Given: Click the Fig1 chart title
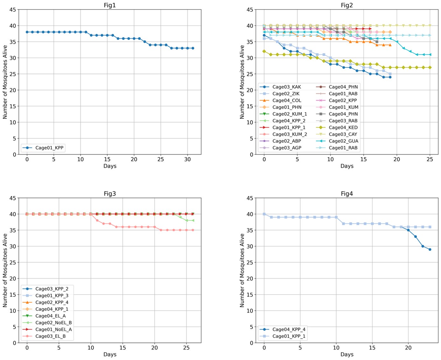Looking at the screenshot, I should (110, 5).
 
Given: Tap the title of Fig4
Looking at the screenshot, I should (346, 194).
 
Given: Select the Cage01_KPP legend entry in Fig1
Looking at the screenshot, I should (49, 148).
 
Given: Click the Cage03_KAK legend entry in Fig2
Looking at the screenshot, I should (286, 87).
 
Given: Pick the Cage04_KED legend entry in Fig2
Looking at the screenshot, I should (343, 128).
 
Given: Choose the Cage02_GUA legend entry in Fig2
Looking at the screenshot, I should (343, 141).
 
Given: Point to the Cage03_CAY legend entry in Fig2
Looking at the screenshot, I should (343, 134).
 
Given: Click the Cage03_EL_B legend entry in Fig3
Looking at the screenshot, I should (50, 336).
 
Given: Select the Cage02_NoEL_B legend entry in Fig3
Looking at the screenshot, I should (53, 322).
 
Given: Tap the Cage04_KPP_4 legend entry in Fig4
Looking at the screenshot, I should (289, 329).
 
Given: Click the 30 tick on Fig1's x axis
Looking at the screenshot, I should (187, 159).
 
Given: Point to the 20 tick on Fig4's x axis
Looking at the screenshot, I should (408, 348).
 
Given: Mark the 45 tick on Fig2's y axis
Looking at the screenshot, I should (250, 10).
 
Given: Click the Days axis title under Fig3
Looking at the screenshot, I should (110, 354).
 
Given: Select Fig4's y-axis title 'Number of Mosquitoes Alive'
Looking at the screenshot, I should (242, 270).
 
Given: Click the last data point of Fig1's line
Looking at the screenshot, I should (193, 48).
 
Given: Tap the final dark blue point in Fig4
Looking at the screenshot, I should (430, 249).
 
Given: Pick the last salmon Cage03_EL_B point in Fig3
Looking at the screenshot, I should (193, 230).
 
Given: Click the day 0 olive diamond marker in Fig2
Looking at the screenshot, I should (264, 51).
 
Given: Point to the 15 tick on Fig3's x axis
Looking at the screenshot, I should (122, 348).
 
